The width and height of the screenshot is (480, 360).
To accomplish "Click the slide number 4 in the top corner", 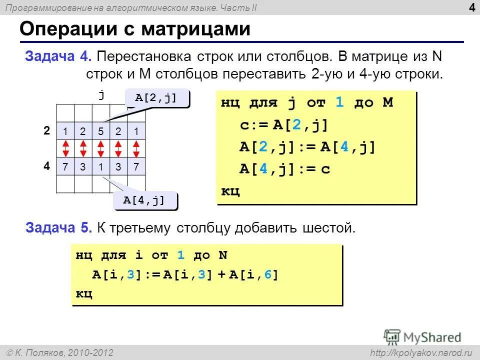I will pyautogui.click(x=472, y=7).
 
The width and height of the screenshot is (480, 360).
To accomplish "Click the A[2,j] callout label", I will pyautogui.click(x=156, y=98).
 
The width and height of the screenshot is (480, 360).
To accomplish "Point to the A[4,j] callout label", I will pyautogui.click(x=144, y=200).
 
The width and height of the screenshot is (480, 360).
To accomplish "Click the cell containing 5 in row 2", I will pyautogui.click(x=101, y=131).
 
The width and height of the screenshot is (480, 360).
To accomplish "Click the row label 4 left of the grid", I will pyautogui.click(x=46, y=165).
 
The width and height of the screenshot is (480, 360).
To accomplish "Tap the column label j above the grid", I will pyautogui.click(x=101, y=94).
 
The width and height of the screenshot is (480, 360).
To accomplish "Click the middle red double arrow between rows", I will pyautogui.click(x=101, y=148).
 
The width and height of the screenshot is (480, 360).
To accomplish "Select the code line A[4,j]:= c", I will pyautogui.click(x=284, y=169).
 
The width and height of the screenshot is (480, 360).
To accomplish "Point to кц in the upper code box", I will pyautogui.click(x=230, y=191).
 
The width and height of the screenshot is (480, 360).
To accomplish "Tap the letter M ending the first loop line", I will pyautogui.click(x=387, y=103).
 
